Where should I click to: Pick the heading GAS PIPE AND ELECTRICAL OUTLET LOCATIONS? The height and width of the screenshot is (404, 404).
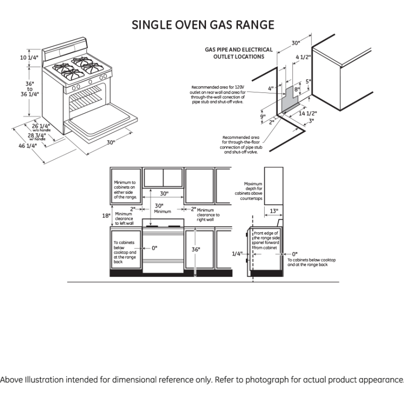238,54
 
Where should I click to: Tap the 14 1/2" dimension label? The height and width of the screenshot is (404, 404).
308,113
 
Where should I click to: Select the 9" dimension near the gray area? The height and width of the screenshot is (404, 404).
263,117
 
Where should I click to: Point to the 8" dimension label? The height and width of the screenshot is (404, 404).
297,89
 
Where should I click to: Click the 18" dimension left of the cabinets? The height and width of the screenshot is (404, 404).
106,215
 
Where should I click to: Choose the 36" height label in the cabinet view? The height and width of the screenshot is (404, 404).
195,249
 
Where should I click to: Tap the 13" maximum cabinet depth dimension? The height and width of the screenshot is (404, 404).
273,210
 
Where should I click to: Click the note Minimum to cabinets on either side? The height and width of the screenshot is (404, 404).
125,189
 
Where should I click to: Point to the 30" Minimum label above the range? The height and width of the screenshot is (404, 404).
160,208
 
